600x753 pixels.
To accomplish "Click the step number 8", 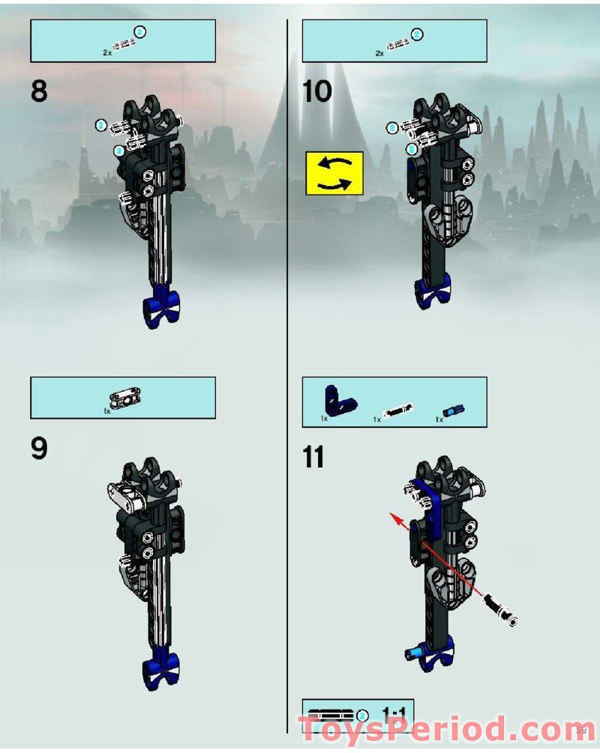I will point(39,91).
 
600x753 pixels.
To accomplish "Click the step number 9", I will point(39,449).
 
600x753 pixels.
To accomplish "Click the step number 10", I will point(316,91).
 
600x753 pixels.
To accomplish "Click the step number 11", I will point(313,456).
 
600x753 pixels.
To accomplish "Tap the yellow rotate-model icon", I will point(334,173).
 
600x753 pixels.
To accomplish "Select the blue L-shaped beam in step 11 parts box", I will point(331,403).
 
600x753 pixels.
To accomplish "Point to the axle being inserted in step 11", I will point(500,608).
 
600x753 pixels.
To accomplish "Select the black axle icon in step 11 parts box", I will point(397,411).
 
